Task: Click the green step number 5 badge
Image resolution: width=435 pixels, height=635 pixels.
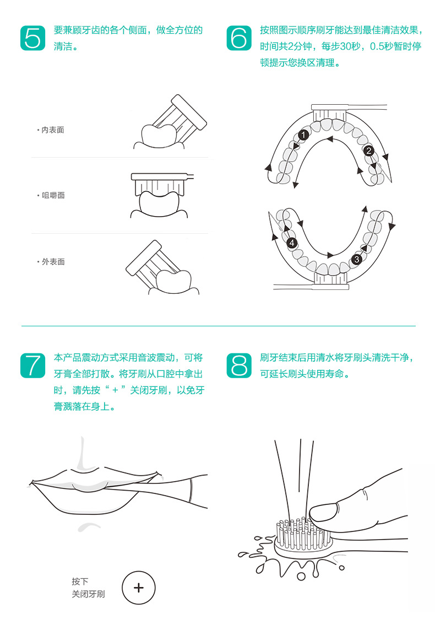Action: point(33,37)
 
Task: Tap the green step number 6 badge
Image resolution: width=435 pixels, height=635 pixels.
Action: point(239,37)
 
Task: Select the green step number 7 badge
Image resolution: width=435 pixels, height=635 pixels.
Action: point(33,365)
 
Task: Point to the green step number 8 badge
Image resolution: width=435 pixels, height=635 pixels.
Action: point(239,365)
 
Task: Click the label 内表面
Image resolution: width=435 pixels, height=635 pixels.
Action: point(53,130)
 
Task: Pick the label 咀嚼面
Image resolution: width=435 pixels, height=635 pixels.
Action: point(53,195)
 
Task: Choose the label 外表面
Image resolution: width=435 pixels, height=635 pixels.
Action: point(53,261)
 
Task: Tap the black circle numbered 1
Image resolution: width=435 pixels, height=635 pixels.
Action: point(303,135)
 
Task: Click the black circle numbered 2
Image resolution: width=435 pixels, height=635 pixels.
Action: point(369,150)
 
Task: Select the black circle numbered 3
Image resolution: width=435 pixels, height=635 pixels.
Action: point(357,259)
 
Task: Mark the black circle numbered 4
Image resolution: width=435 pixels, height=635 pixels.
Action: point(292,243)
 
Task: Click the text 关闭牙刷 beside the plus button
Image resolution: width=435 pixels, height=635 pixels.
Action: point(88,594)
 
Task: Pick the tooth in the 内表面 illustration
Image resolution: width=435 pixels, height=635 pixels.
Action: point(157,136)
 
